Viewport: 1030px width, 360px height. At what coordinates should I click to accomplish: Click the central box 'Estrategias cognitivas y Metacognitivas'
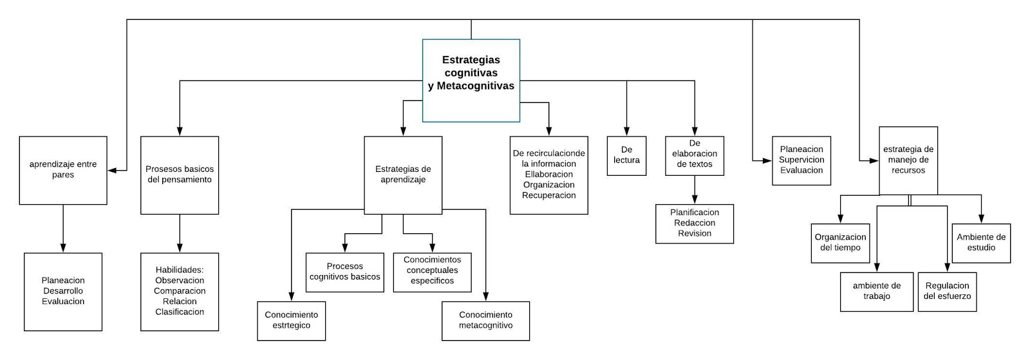471,80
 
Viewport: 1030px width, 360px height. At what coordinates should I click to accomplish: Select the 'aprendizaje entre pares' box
63,170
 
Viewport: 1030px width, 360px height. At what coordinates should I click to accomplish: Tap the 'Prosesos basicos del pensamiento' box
180,175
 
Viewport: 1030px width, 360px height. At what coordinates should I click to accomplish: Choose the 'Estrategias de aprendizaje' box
403,175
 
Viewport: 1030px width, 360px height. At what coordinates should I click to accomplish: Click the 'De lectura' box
626,155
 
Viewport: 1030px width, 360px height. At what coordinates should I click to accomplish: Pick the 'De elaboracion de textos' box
695,155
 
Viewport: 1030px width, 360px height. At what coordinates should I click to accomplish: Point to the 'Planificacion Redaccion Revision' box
695,223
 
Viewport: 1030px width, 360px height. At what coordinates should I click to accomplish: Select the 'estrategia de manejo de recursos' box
908,160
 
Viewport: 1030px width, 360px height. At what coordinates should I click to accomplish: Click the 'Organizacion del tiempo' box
840,243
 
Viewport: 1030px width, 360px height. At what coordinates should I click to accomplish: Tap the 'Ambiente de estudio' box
981,243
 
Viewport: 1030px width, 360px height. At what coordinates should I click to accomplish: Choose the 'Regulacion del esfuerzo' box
947,291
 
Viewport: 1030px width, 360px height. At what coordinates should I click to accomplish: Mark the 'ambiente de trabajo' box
877,291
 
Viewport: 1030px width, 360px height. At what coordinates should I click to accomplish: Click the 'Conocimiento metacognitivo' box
485,321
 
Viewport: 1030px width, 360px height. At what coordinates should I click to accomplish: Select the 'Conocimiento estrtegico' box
291,321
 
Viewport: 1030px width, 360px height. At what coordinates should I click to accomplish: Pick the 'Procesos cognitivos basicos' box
345,272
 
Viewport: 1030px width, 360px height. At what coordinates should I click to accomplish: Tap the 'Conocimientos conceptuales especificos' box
432,271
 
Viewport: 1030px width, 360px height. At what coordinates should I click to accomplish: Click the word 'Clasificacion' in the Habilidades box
180,312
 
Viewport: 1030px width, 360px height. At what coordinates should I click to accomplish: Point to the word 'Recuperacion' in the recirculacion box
549,196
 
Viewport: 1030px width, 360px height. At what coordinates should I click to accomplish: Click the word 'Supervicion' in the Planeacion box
801,160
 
